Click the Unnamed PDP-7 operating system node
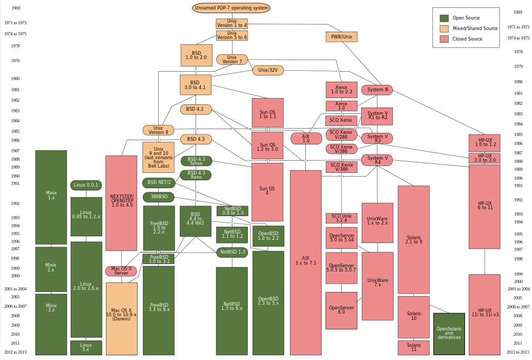click(231, 8)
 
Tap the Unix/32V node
click(268, 70)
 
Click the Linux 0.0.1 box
click(86, 185)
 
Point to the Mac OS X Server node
click(121, 271)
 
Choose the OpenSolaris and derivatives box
click(449, 334)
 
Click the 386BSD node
click(159, 197)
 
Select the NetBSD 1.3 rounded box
click(232, 252)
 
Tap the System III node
click(377, 90)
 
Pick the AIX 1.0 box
click(306, 139)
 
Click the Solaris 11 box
click(413, 347)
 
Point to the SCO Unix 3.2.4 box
click(341, 218)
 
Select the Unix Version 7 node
click(231, 60)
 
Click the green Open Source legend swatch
click(444, 18)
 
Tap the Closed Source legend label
click(467, 39)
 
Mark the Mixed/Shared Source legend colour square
click(444, 28)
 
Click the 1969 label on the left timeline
click(16, 8)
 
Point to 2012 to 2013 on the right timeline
click(517, 352)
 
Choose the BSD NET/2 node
click(159, 183)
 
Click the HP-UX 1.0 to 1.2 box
click(485, 142)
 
